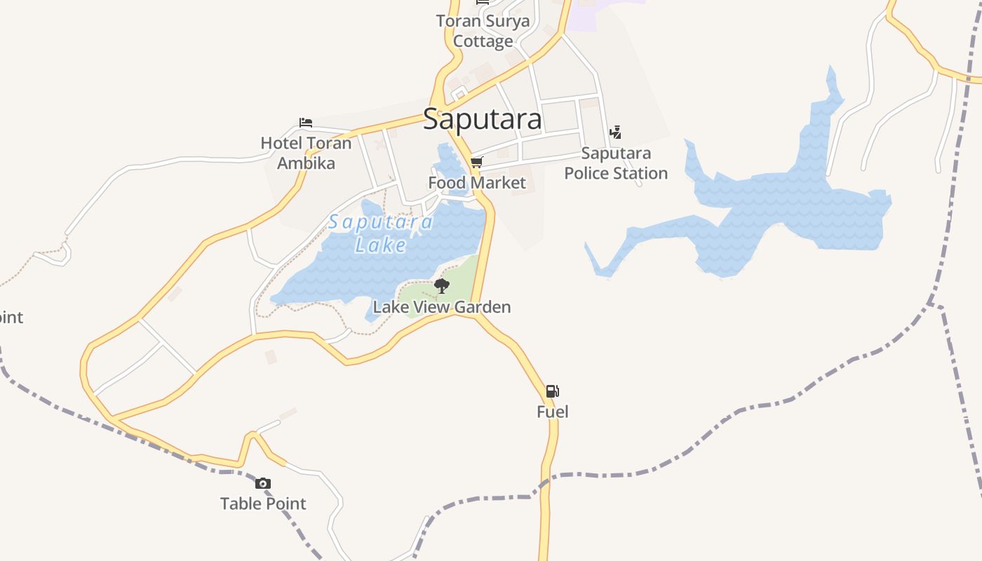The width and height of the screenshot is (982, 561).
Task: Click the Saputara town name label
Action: pos(483,120)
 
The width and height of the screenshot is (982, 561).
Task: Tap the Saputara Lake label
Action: pos(381,234)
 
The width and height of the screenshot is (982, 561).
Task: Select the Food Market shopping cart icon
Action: pos(477,163)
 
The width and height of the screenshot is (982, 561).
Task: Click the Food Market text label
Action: pos(477,183)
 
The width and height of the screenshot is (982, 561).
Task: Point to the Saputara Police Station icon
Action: pos(615,131)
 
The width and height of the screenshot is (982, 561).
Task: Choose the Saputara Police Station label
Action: pos(616,163)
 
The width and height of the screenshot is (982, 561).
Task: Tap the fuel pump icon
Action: pos(552,391)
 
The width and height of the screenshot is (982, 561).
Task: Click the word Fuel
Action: pos(552,412)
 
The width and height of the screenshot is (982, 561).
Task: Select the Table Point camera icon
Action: pos(263,483)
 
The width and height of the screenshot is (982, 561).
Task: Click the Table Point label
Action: pos(263,503)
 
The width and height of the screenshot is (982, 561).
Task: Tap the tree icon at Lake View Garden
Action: pos(441,285)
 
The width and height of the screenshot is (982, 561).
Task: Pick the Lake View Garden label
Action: pos(442,307)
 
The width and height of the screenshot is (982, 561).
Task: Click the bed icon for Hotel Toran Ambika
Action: pos(305,123)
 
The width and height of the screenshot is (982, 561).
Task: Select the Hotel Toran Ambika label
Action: pos(306,153)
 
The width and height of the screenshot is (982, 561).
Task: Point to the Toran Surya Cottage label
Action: pos(483,31)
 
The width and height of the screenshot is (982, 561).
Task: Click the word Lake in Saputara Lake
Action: pos(381,245)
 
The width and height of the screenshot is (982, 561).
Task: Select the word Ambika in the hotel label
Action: pos(306,163)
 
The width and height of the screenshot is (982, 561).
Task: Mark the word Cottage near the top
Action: pos(483,41)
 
